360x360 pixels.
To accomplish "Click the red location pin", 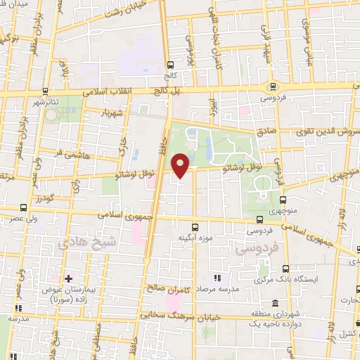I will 181,165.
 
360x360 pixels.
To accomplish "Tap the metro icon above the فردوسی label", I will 272,86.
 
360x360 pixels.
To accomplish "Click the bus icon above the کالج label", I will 169,63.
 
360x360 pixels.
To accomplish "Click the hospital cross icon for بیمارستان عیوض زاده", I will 68,279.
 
